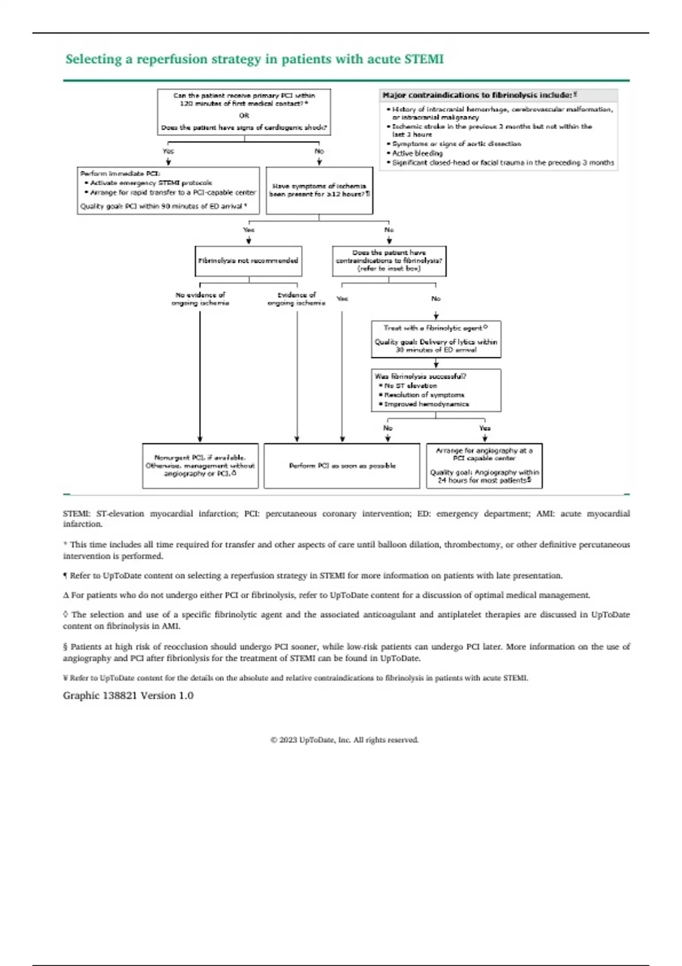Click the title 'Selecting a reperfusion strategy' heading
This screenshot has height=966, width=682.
pyautogui.click(x=254, y=60)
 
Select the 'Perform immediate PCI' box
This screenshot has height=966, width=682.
pyautogui.click(x=168, y=190)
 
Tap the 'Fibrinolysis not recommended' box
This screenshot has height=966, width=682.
pyautogui.click(x=248, y=261)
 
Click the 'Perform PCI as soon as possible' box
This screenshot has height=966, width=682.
pyautogui.click(x=342, y=466)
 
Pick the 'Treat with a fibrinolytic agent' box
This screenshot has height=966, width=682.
pyautogui.click(x=436, y=339)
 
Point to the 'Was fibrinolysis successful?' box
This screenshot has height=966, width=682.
pyautogui.click(x=436, y=390)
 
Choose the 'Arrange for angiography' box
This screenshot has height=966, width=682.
pyautogui.click(x=484, y=465)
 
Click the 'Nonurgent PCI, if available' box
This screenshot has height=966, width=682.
pyautogui.click(x=200, y=465)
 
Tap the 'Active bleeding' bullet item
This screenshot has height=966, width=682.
pyautogui.click(x=417, y=153)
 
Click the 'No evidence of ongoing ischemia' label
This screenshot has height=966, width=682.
pyautogui.click(x=200, y=299)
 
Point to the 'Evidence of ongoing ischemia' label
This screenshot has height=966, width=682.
pyautogui.click(x=296, y=299)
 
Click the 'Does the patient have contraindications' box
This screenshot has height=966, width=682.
pyautogui.click(x=389, y=261)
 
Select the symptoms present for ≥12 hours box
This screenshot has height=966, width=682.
pyautogui.click(x=319, y=190)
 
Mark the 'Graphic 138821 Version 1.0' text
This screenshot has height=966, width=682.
pyautogui.click(x=128, y=696)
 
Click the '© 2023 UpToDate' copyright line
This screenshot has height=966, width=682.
pyautogui.click(x=344, y=740)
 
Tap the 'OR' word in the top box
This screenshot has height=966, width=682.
pyautogui.click(x=244, y=115)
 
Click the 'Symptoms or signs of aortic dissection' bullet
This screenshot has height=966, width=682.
pyautogui.click(x=456, y=144)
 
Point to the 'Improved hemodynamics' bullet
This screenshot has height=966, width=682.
pyautogui.click(x=426, y=404)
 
